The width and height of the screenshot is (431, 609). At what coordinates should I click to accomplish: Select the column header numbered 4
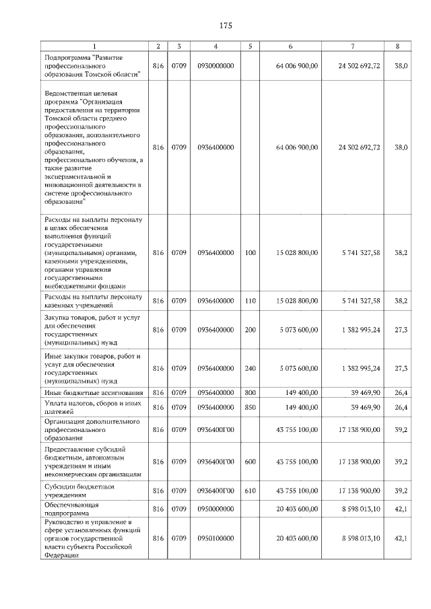click(215, 46)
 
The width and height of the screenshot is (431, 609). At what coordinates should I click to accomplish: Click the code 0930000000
click(215, 66)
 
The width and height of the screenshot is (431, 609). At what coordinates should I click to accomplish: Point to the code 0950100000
click(215, 538)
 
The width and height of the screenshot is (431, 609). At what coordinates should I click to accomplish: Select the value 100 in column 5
click(251, 252)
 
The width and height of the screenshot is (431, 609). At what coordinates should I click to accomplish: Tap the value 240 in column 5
click(251, 368)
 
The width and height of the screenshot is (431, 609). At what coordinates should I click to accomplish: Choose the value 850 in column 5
click(251, 407)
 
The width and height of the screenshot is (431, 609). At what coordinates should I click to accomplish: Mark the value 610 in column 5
click(251, 490)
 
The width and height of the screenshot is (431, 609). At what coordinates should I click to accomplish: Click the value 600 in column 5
click(251, 461)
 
